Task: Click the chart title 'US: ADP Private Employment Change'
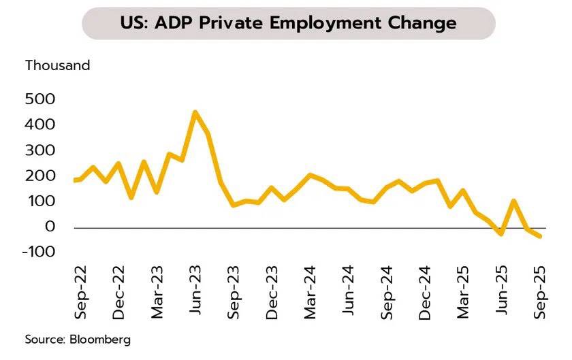pos(287,23)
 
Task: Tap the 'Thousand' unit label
pos(57,66)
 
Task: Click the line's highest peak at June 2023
pos(195,112)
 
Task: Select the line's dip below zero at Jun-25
pos(501,233)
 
